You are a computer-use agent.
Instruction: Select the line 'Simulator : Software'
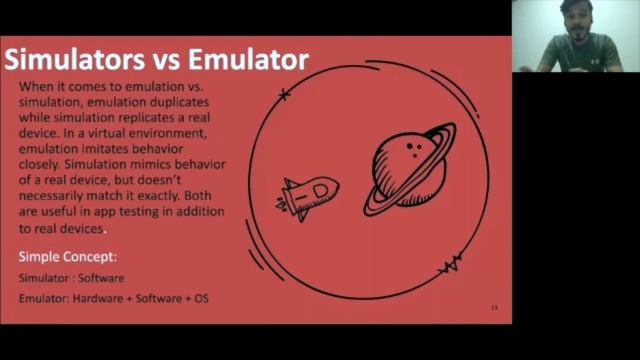72,278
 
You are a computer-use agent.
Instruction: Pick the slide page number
493,307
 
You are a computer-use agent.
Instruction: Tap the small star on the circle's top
285,95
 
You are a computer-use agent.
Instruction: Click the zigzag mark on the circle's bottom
450,265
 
